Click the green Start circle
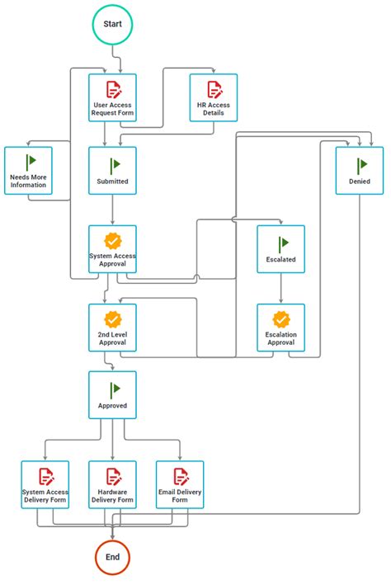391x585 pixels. (112, 25)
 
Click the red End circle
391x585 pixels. (112, 557)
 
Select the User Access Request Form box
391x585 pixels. (112, 98)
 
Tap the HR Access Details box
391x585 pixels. (213, 98)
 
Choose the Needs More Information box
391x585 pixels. (28, 171)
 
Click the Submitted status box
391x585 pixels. (112, 171)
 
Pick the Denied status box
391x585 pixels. (360, 171)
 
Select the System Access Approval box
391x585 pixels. (112, 249)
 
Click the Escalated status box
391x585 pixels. (280, 249)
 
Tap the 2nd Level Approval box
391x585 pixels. (112, 328)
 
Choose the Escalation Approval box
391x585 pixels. (280, 328)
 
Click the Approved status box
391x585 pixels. (112, 394)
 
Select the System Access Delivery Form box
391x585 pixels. (46, 484)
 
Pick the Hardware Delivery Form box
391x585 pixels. (112, 484)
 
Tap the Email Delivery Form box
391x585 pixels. (180, 484)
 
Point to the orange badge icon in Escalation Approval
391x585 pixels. (281, 318)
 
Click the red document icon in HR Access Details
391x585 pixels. (214, 89)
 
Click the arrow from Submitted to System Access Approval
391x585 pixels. (112, 210)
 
